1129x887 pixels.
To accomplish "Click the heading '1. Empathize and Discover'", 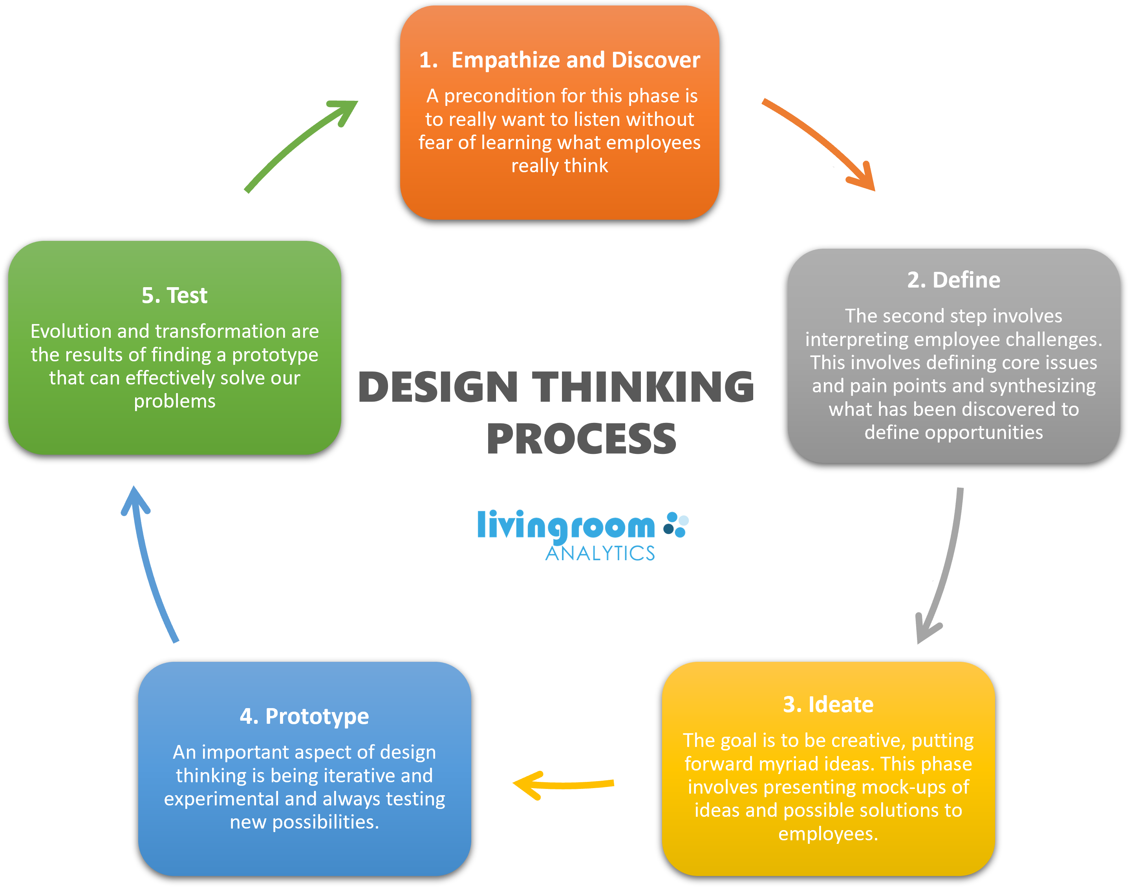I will [x=559, y=60].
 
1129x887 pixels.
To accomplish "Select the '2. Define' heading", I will [x=953, y=280].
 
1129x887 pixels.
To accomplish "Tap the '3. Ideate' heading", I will [x=828, y=705].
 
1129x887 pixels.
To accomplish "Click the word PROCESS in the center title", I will [x=581, y=439].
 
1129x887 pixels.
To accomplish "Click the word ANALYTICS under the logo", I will [x=600, y=554].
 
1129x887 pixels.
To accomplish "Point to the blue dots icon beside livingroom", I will [x=676, y=525].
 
